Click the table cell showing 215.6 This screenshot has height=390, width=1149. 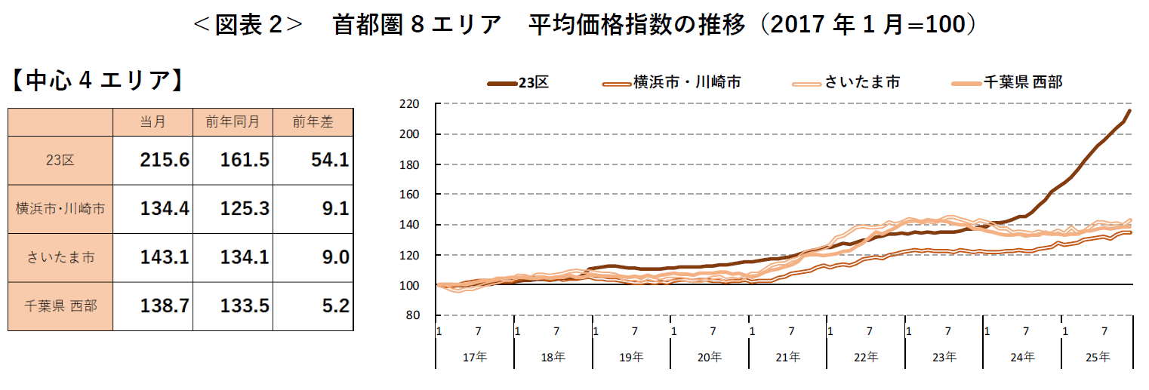(164, 160)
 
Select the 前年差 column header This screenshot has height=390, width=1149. (313, 121)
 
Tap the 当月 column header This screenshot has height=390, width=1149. (152, 121)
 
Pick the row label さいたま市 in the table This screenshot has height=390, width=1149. (60, 257)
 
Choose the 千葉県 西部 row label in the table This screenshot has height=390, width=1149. (60, 306)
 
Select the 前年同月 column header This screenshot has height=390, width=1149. (233, 121)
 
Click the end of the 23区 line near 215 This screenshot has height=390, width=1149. (1129, 111)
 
